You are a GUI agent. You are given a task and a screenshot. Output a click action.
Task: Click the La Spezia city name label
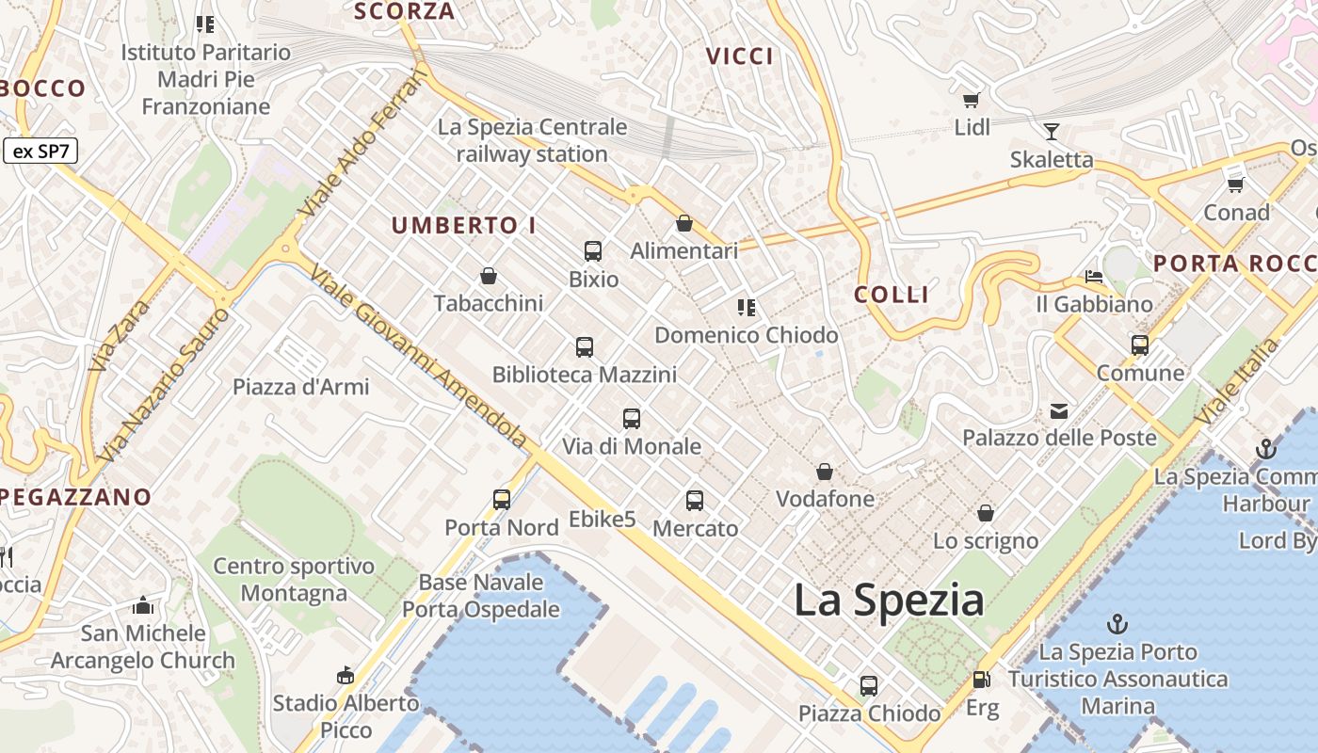(x=889, y=600)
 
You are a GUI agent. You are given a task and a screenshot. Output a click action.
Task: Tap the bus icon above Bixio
(x=593, y=251)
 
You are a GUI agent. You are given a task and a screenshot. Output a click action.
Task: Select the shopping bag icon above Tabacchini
(x=489, y=276)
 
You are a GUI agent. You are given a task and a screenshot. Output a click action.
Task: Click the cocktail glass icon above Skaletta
(x=1052, y=132)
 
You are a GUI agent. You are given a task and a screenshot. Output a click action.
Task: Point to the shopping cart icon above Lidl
(x=972, y=100)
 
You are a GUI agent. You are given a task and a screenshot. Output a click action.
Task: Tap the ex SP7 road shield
(x=40, y=151)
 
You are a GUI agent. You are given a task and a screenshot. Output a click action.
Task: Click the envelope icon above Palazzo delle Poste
(x=1059, y=410)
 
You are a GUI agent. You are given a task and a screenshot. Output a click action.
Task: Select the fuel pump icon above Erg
(x=981, y=680)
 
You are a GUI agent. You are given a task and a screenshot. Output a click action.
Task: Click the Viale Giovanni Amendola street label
(x=419, y=356)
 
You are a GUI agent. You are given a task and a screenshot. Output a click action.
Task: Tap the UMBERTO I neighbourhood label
(x=464, y=226)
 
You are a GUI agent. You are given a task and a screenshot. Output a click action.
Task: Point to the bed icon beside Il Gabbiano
(x=1094, y=277)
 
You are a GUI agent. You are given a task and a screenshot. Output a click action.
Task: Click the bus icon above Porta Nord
(x=502, y=500)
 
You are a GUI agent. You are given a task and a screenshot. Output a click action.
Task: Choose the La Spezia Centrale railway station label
(x=532, y=140)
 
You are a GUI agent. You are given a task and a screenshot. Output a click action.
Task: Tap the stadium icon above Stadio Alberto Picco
(x=346, y=675)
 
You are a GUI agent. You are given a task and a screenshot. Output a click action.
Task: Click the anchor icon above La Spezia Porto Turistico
(x=1117, y=623)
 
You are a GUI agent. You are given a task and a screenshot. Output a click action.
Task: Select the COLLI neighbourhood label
(x=892, y=295)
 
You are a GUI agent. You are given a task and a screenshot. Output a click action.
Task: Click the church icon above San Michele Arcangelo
(x=143, y=605)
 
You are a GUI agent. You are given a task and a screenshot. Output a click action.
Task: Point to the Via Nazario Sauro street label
(x=163, y=386)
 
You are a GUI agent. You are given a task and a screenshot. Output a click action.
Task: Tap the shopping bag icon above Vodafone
(x=825, y=471)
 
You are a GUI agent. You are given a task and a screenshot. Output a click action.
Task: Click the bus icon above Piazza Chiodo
(x=869, y=686)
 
